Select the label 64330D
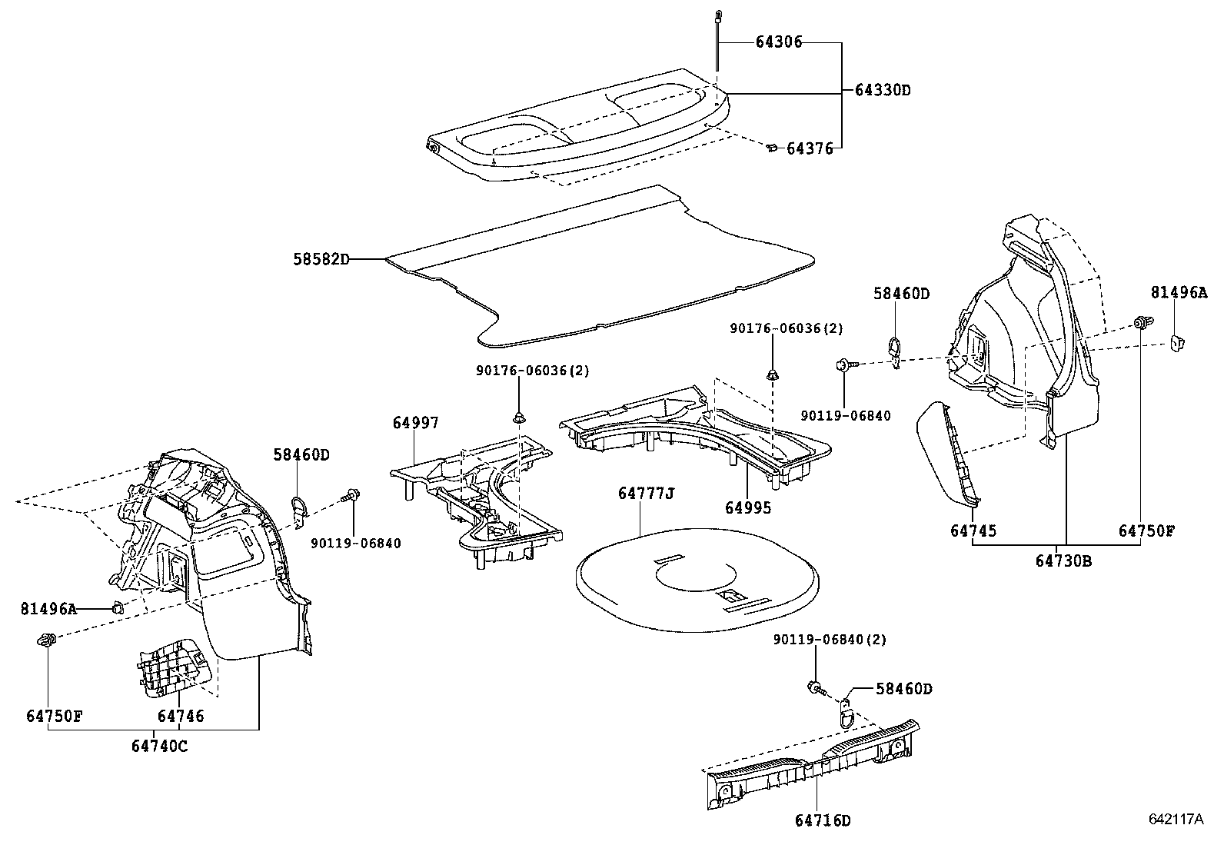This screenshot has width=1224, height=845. click(882, 90)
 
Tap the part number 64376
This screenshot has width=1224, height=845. click(809, 148)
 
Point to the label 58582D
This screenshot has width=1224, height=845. click(321, 259)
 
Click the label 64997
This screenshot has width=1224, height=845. click(415, 422)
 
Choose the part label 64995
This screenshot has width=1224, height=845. click(747, 507)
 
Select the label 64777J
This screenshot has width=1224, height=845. click(646, 493)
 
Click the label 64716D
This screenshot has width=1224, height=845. click(823, 820)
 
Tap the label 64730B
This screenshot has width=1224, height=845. click(1063, 561)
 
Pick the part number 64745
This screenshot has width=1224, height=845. click(973, 531)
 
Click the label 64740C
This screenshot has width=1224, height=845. click(159, 745)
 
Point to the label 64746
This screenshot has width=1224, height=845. click(181, 716)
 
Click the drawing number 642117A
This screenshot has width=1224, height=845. click(1176, 820)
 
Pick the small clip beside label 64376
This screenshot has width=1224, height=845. click(771, 148)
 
